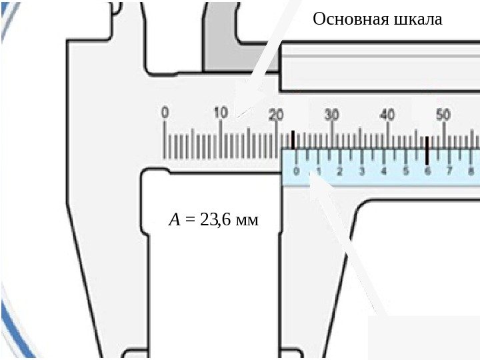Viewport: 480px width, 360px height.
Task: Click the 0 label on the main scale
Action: (x=165, y=113)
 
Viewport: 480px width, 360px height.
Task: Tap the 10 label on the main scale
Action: (x=221, y=113)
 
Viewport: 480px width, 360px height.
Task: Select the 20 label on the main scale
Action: (x=277, y=114)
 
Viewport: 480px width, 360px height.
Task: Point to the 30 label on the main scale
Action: (x=332, y=114)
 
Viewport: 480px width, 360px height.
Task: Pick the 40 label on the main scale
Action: (x=387, y=114)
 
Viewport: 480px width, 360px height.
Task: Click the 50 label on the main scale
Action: (x=443, y=114)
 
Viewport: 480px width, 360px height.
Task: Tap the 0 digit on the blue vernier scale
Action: (x=297, y=171)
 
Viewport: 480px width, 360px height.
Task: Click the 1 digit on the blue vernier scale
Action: (x=318, y=171)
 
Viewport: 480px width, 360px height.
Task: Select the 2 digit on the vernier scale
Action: (x=339, y=171)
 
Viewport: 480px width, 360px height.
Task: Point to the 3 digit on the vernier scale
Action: (x=361, y=171)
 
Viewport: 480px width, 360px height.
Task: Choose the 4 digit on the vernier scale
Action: (x=383, y=171)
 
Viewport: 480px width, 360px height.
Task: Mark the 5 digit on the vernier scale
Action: (x=405, y=171)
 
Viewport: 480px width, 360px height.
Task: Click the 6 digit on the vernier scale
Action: (x=427, y=171)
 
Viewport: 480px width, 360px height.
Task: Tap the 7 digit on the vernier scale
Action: (x=449, y=171)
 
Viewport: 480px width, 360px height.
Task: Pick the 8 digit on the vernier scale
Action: (x=471, y=171)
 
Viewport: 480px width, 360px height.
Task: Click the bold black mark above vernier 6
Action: (x=427, y=150)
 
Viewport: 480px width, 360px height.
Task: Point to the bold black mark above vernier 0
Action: (x=293, y=139)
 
